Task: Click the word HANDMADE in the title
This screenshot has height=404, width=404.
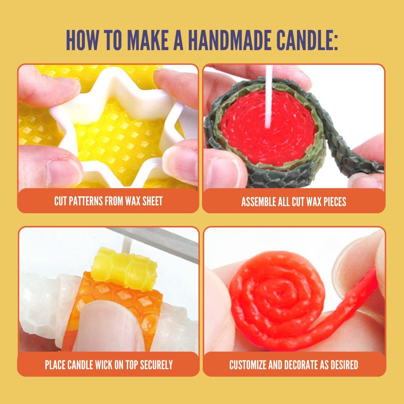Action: tap(229, 40)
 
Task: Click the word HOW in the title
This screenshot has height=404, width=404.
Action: tap(82, 40)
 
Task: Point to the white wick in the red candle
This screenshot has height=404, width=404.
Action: tap(269, 97)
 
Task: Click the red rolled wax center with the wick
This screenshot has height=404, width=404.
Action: tap(268, 128)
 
